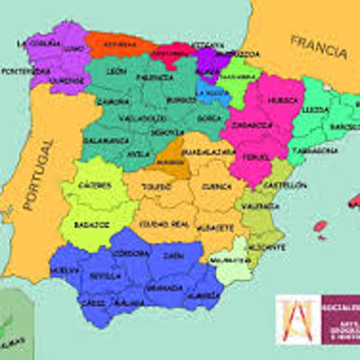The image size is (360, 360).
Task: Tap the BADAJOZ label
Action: [x=92, y=223]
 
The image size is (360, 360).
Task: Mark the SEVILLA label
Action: [x=105, y=276]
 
